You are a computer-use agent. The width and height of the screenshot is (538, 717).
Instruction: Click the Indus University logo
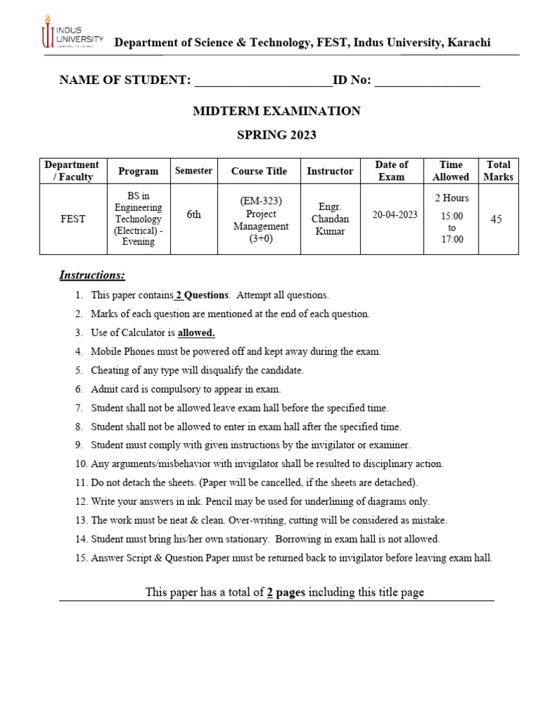[x=72, y=33]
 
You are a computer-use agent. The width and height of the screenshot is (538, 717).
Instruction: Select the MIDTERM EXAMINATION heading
[x=277, y=111]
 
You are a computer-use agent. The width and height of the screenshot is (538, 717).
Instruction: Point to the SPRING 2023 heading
[x=277, y=134]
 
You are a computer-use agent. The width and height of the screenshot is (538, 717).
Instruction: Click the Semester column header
[x=193, y=171]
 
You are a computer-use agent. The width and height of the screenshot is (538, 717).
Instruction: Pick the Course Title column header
[x=259, y=171]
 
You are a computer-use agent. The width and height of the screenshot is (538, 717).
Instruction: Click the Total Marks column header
[x=498, y=171]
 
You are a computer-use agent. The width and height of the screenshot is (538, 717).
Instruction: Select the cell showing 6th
[x=193, y=215]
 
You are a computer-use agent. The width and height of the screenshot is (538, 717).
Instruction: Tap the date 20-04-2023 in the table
[x=394, y=215]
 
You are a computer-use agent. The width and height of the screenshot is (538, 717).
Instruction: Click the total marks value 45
[x=496, y=219]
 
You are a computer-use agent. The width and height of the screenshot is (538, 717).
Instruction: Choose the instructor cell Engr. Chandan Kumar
[x=330, y=219]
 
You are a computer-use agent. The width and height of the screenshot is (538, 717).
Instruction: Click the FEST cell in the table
[x=72, y=219]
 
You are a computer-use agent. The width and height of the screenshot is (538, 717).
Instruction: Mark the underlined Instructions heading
[x=92, y=275]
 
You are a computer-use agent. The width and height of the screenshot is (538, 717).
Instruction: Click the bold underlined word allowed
[x=196, y=333]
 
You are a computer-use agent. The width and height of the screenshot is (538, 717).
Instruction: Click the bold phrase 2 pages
[x=286, y=592]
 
